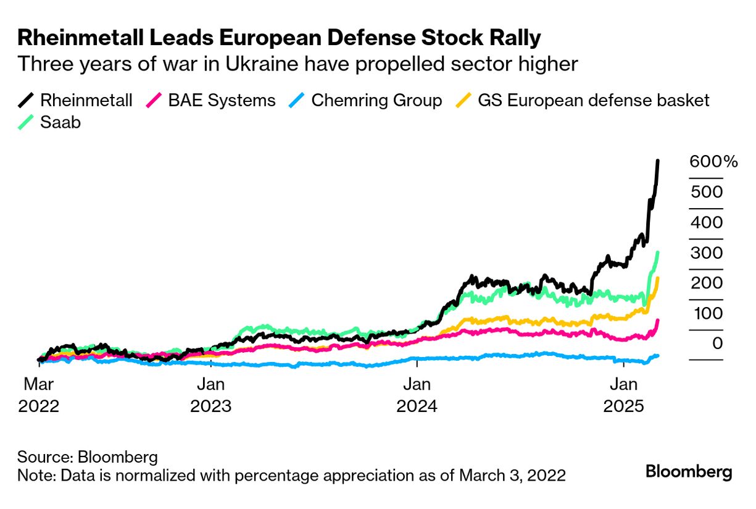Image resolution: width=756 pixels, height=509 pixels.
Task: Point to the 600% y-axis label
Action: tap(713, 162)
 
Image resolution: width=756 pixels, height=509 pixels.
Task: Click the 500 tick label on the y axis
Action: tap(707, 192)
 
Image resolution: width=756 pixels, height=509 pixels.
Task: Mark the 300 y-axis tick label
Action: tap(707, 253)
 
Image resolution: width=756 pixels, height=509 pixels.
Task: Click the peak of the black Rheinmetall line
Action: tap(658, 161)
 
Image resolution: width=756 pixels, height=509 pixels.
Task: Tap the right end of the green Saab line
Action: tap(658, 253)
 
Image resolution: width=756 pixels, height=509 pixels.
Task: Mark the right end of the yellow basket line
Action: tap(658, 279)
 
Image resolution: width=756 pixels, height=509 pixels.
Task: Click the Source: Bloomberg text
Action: tap(88, 457)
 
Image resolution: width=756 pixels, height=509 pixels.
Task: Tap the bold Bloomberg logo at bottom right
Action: tap(689, 472)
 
